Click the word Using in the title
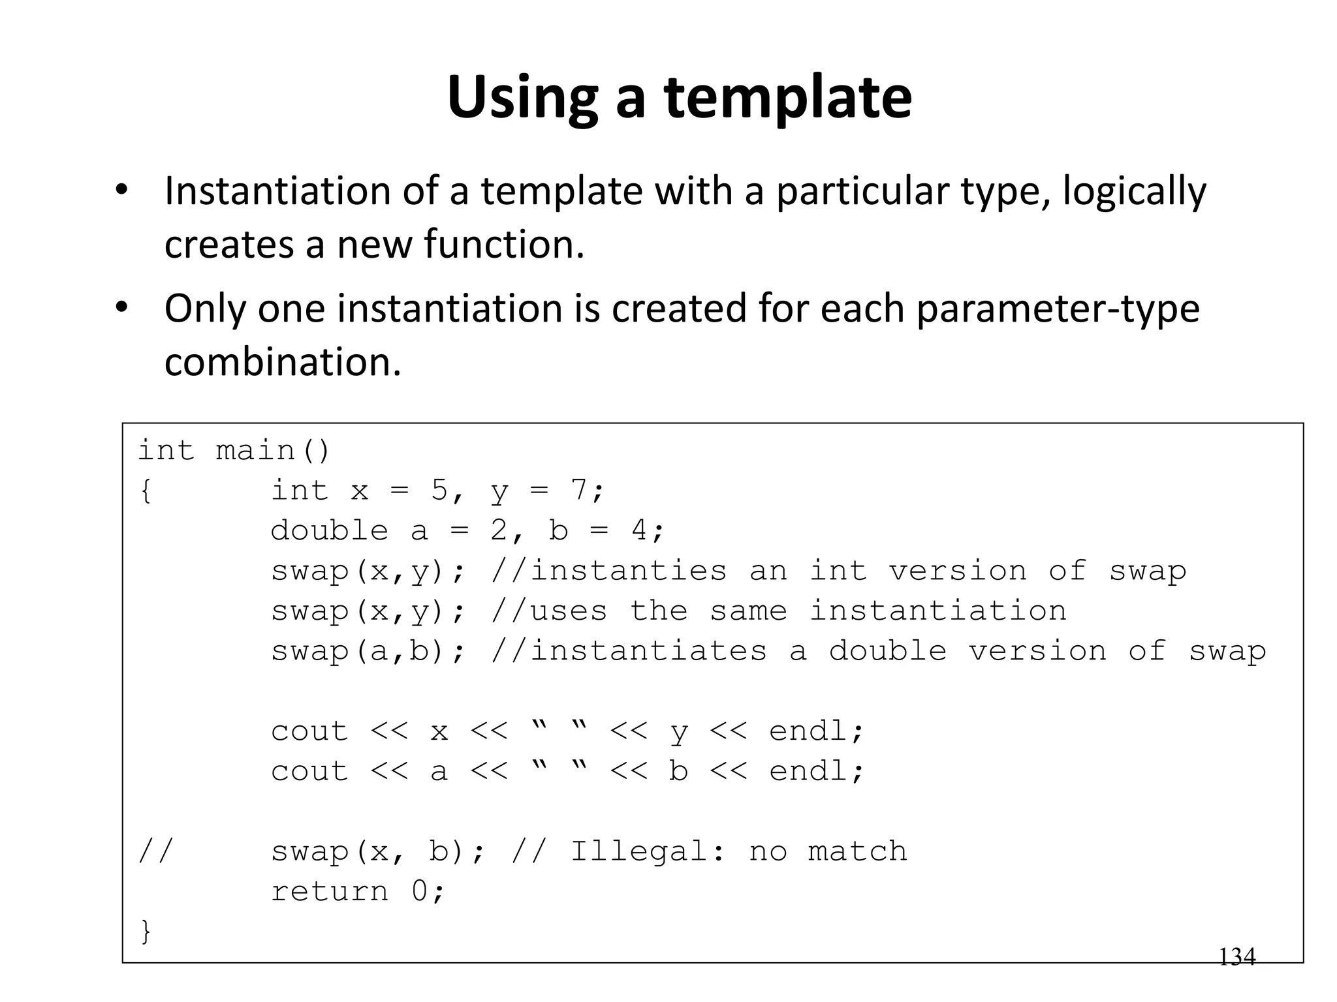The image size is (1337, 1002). pyautogui.click(x=522, y=98)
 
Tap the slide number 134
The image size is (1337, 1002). pyautogui.click(x=1236, y=957)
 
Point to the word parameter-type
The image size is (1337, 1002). pyautogui.click(x=1058, y=309)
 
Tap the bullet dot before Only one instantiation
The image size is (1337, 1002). pyautogui.click(x=121, y=306)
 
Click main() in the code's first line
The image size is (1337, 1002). pyautogui.click(x=273, y=451)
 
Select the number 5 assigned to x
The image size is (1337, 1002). pyautogui.click(x=439, y=490)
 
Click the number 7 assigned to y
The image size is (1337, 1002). pyautogui.click(x=579, y=490)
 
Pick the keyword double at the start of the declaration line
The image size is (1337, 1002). pyautogui.click(x=330, y=530)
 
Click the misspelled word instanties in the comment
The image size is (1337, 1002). pyautogui.click(x=628, y=571)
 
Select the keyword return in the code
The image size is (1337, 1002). pyautogui.click(x=330, y=891)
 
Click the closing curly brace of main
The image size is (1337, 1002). pyautogui.click(x=146, y=931)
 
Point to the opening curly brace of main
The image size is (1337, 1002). pyautogui.click(x=146, y=491)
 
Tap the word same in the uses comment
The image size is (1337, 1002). pyautogui.click(x=748, y=611)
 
